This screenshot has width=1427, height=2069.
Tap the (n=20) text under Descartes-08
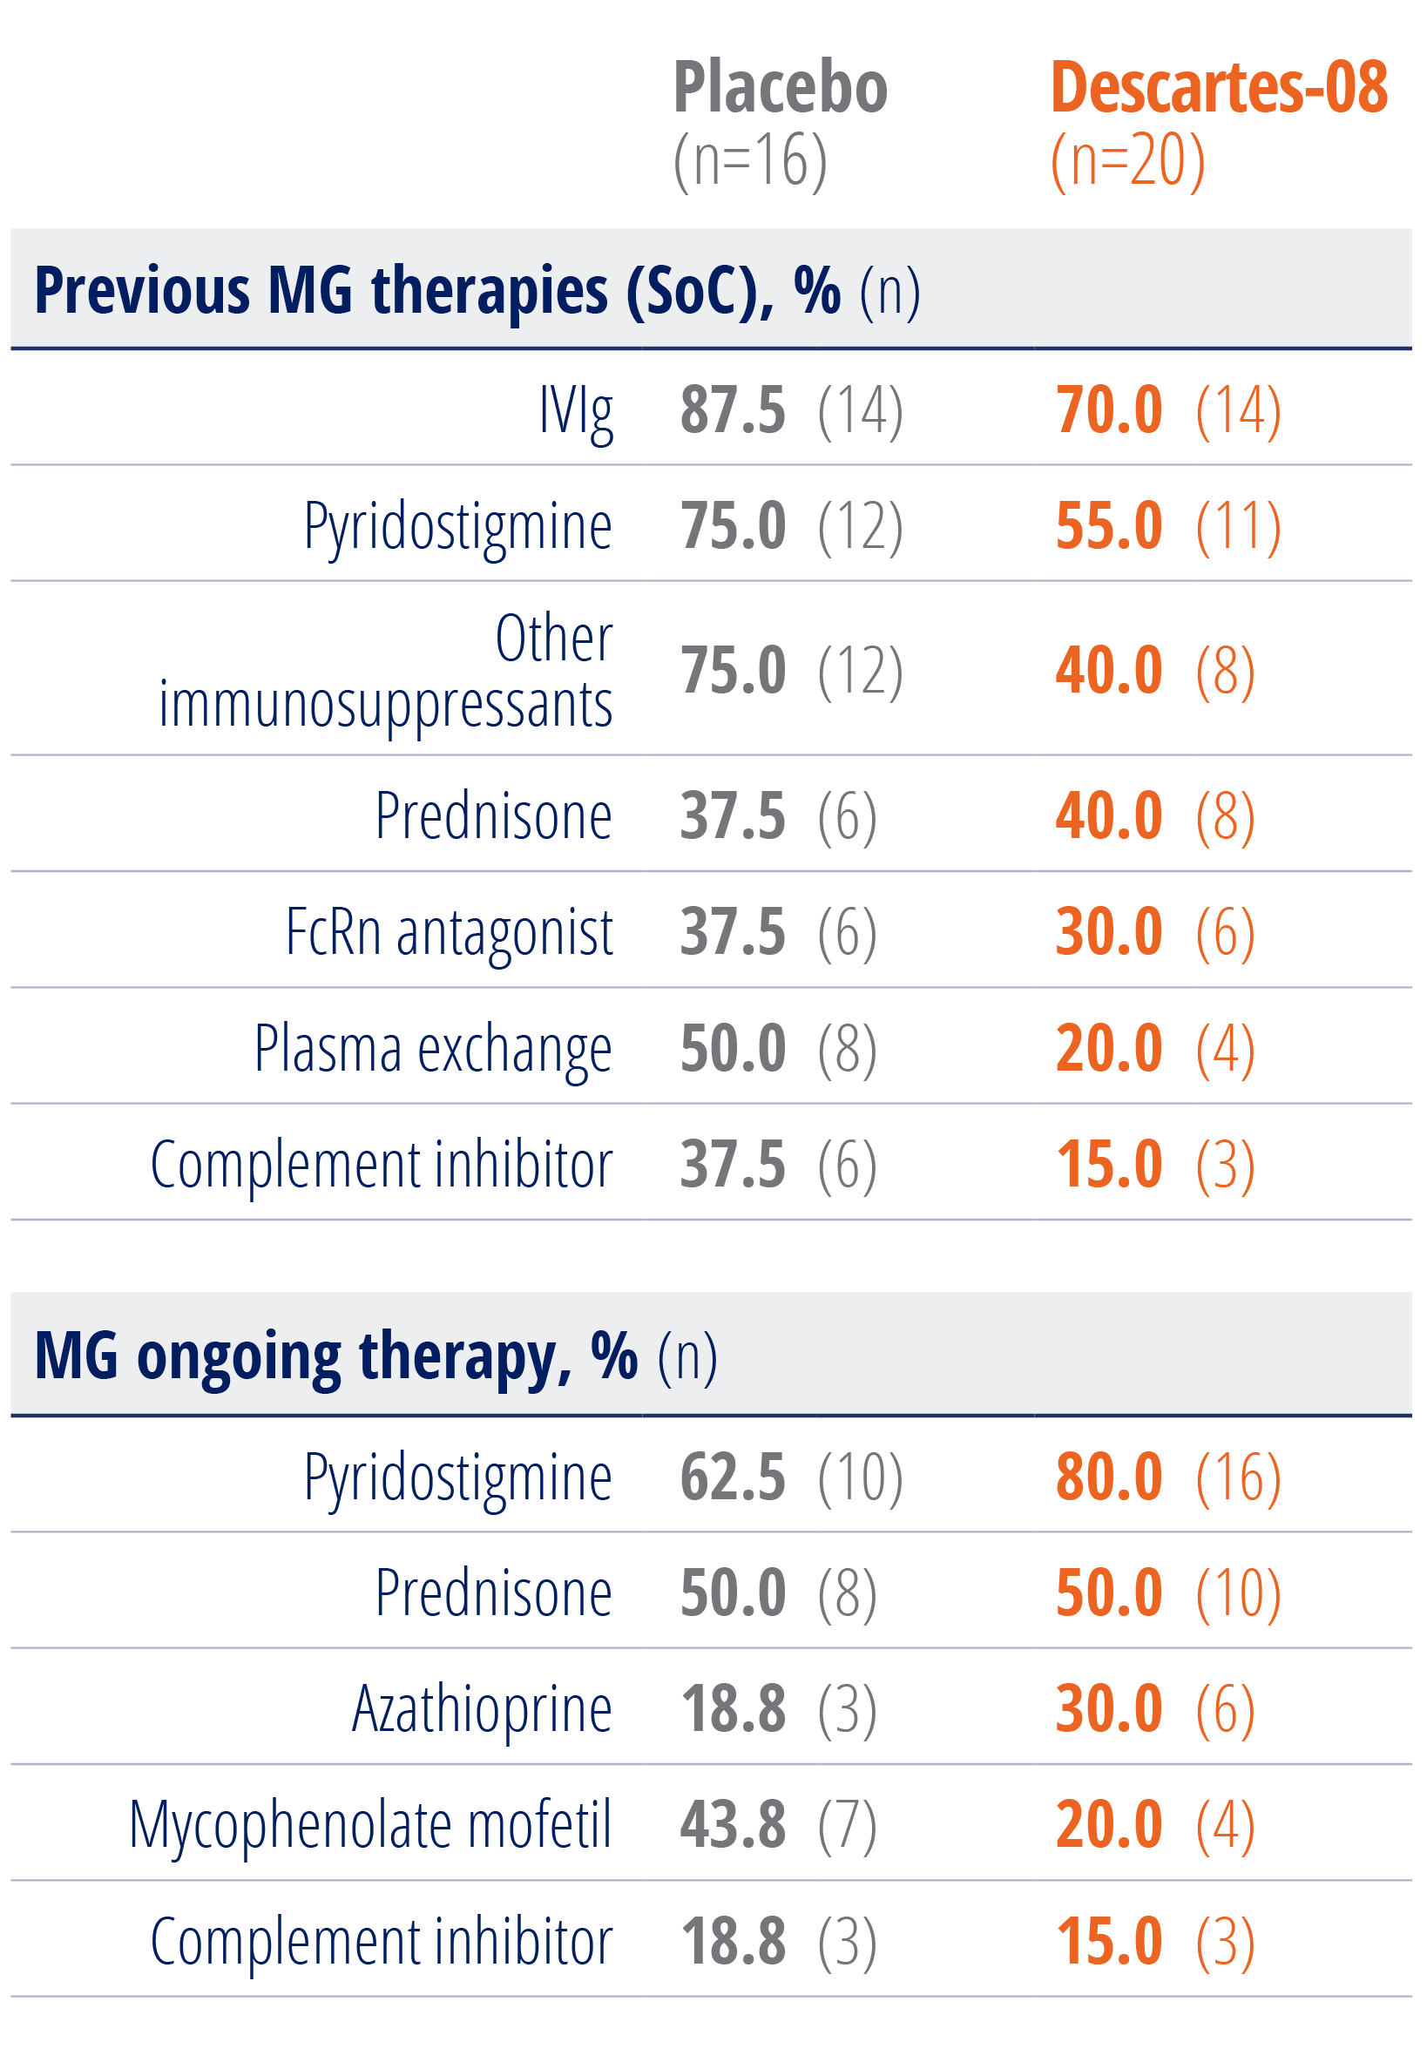click(x=1127, y=161)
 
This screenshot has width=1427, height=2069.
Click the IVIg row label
click(x=576, y=411)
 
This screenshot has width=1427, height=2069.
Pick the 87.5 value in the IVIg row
click(x=733, y=410)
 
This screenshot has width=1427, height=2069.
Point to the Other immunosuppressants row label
click(x=386, y=671)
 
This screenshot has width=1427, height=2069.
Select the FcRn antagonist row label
click(x=449, y=931)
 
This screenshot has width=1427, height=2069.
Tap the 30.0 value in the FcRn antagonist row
click(x=1109, y=931)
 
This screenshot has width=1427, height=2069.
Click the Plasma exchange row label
click(x=433, y=1048)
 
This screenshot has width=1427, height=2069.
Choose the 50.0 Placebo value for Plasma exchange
click(x=733, y=1048)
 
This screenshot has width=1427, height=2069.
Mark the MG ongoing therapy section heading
click(x=335, y=1356)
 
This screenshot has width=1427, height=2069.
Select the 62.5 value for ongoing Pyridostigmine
click(x=733, y=1477)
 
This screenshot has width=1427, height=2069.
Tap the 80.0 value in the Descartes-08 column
click(x=1109, y=1477)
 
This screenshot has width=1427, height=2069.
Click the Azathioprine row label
click(x=482, y=1708)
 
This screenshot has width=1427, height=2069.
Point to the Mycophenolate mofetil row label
click(x=370, y=1825)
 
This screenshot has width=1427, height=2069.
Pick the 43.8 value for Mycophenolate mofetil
click(x=733, y=1825)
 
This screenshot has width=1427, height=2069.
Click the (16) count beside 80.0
click(x=1238, y=1477)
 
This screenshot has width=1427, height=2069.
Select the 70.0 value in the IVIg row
click(x=1109, y=410)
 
